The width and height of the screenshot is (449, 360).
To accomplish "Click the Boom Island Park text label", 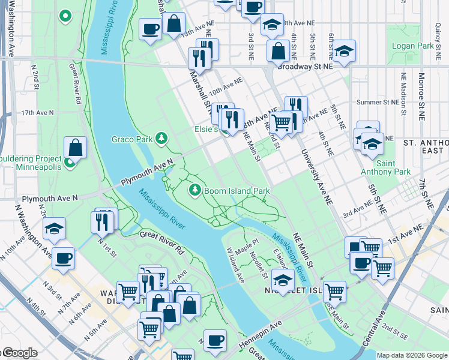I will click(237, 191).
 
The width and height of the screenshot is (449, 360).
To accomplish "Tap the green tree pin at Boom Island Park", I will click(194, 191).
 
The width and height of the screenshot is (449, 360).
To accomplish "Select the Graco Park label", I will click(132, 139).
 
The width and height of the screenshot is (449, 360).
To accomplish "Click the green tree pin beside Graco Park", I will click(161, 139).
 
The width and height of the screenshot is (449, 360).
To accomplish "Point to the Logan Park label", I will click(412, 46).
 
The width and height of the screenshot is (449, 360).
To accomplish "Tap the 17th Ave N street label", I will click(37, 112).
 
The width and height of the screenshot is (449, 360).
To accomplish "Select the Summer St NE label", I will click(378, 102).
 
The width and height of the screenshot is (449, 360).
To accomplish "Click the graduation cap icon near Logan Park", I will click(345, 52).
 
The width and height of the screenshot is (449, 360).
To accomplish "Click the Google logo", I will click(19, 353).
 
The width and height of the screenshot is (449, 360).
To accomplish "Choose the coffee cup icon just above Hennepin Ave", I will click(215, 340).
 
